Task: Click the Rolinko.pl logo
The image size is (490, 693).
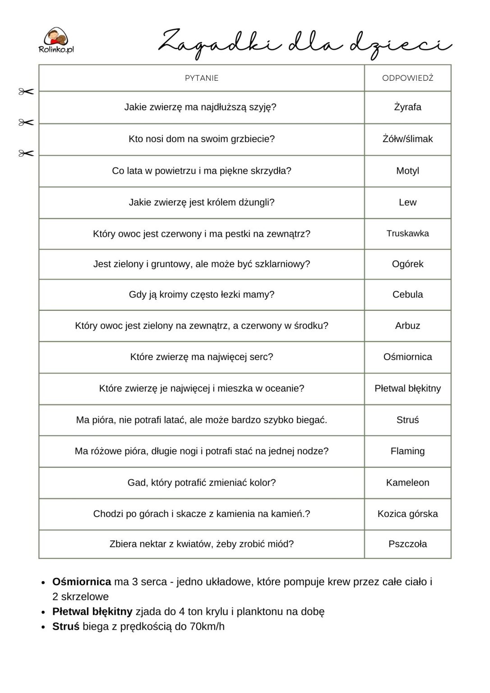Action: pos(56,40)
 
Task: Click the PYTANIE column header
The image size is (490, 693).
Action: pos(202,78)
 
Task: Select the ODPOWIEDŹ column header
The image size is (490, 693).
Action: pos(407,78)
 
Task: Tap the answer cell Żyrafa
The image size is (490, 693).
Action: pos(407,107)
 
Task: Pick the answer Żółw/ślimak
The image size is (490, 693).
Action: pos(407,139)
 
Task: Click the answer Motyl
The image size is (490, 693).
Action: pos(407,171)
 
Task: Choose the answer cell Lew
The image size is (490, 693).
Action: pos(407,203)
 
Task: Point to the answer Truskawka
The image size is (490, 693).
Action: pos(407,234)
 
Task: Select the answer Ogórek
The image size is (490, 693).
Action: pos(407,264)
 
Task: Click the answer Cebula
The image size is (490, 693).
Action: pos(407,295)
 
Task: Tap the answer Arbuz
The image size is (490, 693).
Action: pos(407,326)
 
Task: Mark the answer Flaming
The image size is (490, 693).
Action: pos(407,451)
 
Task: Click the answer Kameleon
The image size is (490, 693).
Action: pos(407,483)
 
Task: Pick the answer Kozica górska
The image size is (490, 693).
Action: pos(407,514)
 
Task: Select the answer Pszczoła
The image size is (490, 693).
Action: pos(407,544)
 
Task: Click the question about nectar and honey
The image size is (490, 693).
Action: pos(202,544)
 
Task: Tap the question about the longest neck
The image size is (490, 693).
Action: pos(200,107)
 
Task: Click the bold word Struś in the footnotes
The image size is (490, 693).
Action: pos(66,627)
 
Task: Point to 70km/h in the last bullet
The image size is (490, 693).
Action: pos(207,627)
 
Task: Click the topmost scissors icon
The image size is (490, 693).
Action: pos(26,92)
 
